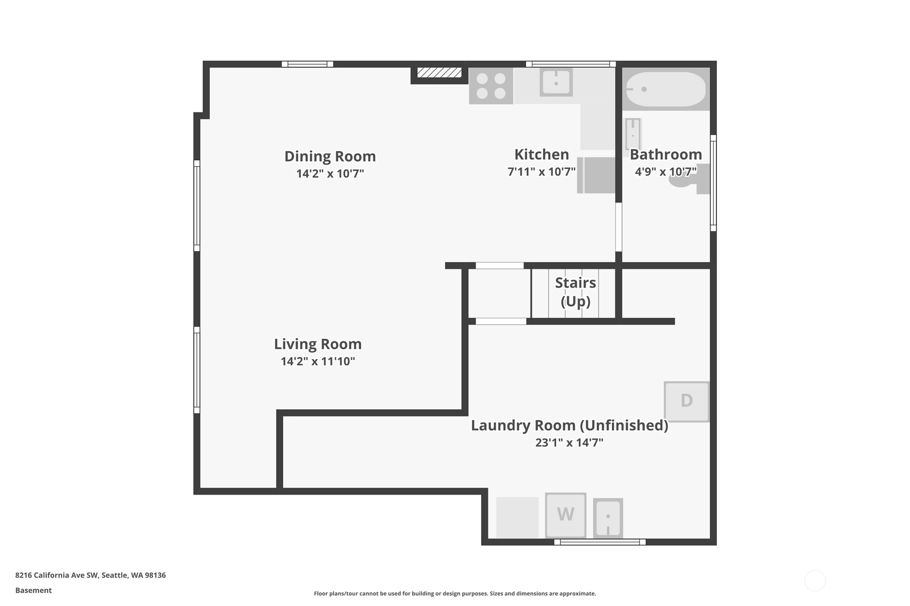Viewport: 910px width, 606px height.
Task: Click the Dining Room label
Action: (330, 156)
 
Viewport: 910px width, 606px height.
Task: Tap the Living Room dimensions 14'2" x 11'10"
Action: (317, 361)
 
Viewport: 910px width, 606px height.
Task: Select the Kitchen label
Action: (542, 154)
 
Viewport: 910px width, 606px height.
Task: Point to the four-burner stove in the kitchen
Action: (491, 86)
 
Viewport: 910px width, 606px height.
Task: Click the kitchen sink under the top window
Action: (556, 82)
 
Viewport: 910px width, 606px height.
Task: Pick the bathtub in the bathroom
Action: (666, 89)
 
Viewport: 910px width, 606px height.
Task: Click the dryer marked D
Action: (686, 401)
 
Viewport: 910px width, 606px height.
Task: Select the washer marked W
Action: (566, 515)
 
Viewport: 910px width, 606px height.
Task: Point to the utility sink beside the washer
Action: (608, 518)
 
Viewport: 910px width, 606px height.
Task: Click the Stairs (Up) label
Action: (575, 292)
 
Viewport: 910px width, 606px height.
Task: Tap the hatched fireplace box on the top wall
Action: (439, 73)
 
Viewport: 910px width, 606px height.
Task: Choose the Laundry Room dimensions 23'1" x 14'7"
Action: (569, 443)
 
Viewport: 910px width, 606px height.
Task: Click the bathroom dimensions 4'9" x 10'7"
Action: (665, 171)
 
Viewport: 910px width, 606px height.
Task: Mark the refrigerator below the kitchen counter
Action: (596, 175)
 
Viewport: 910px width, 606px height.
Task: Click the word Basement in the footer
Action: (34, 590)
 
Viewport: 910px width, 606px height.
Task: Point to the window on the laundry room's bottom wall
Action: (600, 542)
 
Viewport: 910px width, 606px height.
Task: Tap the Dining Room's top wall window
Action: (307, 64)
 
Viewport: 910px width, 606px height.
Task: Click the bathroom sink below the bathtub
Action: (633, 134)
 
